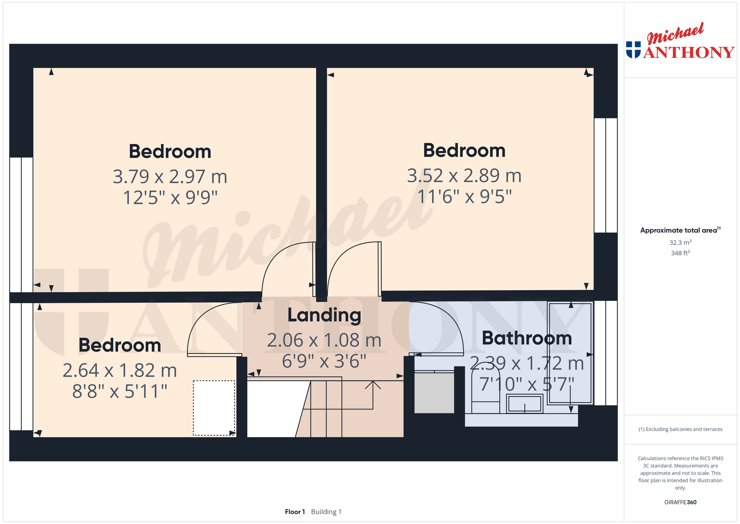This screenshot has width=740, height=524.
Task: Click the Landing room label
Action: point(324,315)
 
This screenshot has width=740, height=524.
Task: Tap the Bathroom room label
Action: point(527,338)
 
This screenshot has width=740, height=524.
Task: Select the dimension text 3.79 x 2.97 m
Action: point(170,177)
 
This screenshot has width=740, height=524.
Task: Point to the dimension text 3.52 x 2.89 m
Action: point(464,176)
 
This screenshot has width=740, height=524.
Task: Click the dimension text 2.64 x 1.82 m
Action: point(119,370)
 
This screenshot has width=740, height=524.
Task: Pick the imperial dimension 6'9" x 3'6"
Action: point(324,362)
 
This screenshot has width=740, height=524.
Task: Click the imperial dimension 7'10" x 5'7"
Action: point(527,384)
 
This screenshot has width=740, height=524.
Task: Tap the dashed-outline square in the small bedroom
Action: point(214,408)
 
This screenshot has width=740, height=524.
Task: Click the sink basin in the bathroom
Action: point(524,404)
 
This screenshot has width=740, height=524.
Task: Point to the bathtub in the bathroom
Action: point(570,353)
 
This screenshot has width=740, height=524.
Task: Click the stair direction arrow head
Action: point(373,385)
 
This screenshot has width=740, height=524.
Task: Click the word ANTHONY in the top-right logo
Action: point(689,52)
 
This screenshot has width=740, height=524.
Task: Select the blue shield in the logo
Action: point(633,50)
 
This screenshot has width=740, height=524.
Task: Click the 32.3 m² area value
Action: point(680,242)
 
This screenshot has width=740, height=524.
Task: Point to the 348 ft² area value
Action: point(680,253)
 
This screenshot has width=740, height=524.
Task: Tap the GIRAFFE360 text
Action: point(680,502)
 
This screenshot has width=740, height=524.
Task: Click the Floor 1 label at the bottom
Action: point(295,512)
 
